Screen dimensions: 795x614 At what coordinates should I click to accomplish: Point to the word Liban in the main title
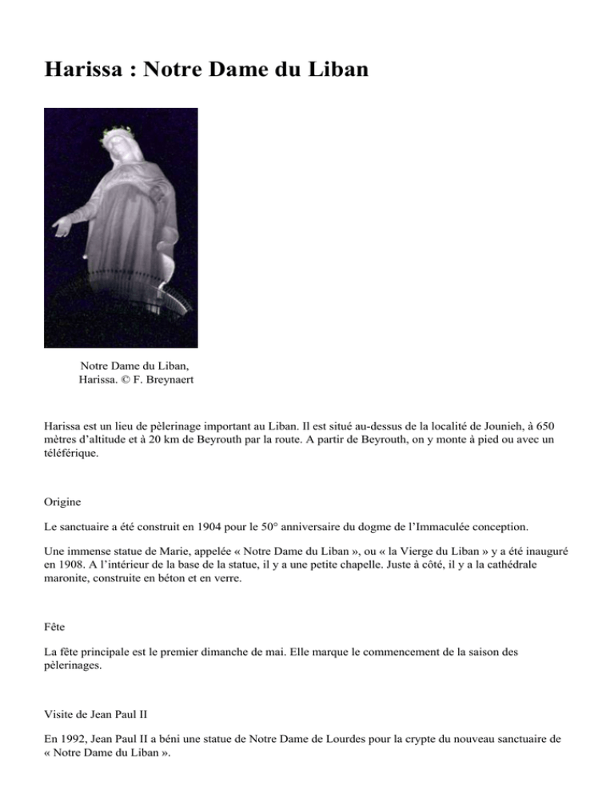(333, 70)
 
